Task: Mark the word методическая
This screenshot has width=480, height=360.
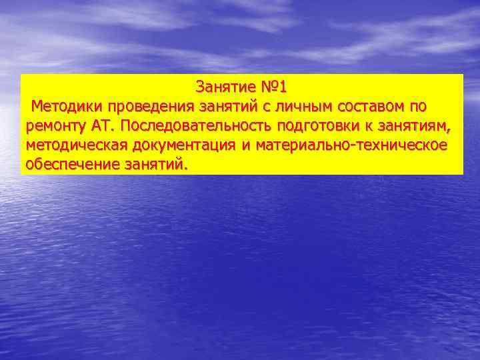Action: click(x=73, y=145)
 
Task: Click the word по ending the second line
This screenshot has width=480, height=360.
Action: click(x=419, y=106)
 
